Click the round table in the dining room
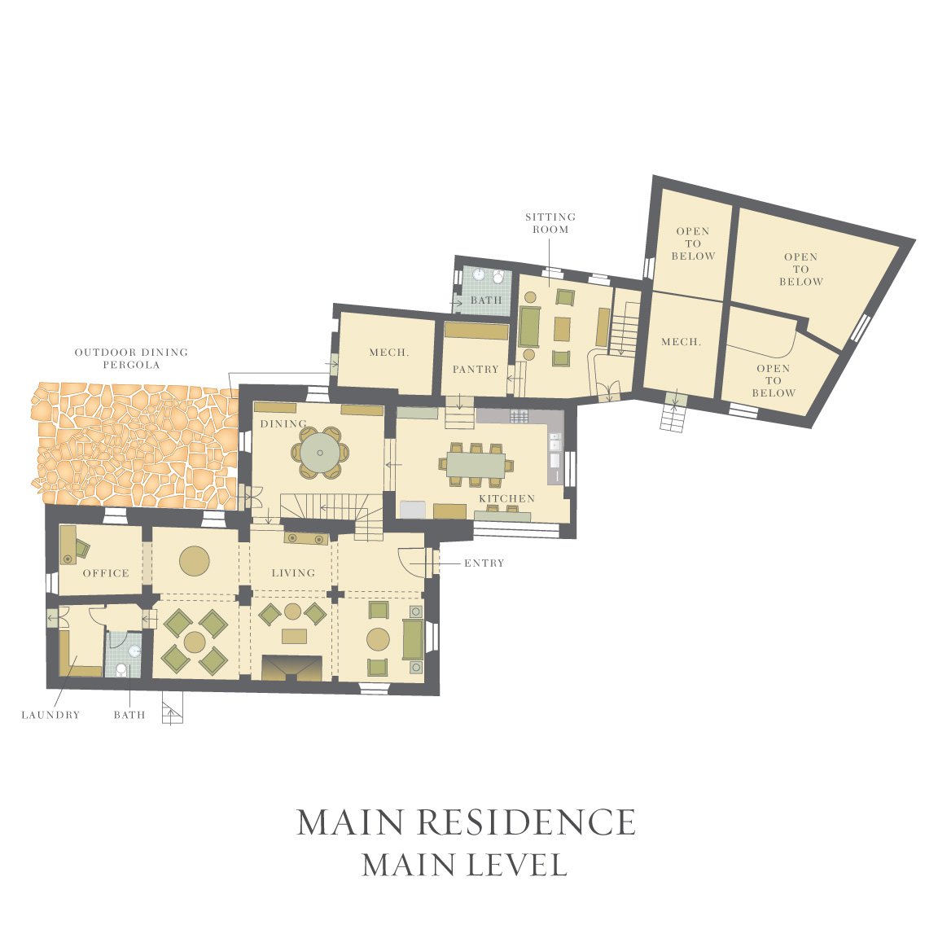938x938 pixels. click(x=320, y=453)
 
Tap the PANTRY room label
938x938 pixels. click(x=476, y=369)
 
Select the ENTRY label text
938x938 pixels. click(x=484, y=563)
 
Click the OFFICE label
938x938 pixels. click(x=106, y=573)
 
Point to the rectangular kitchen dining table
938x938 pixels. click(x=476, y=464)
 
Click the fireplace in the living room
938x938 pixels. click(x=292, y=668)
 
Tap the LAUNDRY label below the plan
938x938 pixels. click(x=50, y=715)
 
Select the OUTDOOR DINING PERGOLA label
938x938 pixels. click(x=132, y=358)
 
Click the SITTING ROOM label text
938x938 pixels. click(x=550, y=222)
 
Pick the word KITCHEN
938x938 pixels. click(x=506, y=498)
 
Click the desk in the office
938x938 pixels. click(x=68, y=545)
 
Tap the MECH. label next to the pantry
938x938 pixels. click(x=389, y=353)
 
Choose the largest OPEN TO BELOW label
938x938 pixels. click(x=801, y=270)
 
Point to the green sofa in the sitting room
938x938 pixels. click(x=529, y=327)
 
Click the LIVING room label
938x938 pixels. click(x=293, y=573)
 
